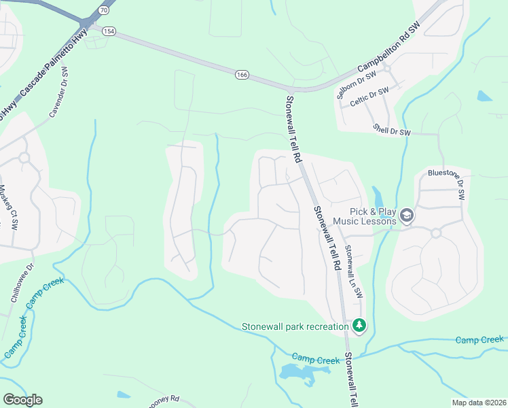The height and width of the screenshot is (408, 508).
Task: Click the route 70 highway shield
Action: [103, 10]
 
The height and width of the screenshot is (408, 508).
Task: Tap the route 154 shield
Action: [109, 31]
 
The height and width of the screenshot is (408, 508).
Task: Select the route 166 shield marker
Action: [242, 74]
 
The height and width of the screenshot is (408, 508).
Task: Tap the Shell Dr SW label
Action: [393, 129]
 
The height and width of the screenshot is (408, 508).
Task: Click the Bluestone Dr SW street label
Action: [447, 183]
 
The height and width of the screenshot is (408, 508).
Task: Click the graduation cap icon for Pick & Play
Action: [406, 216]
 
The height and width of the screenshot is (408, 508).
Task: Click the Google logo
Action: [22, 399]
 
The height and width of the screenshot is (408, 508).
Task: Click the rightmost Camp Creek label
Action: [480, 339]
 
